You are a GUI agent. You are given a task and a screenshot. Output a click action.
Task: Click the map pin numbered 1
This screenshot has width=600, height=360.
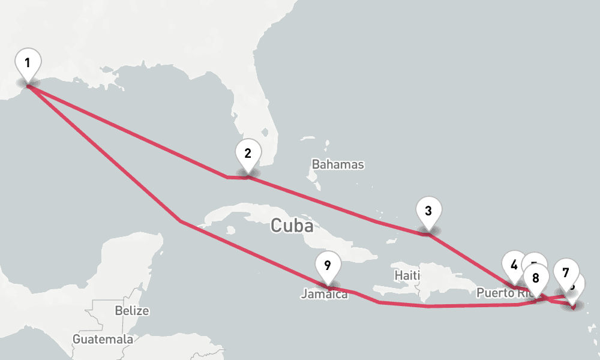(x=28, y=62)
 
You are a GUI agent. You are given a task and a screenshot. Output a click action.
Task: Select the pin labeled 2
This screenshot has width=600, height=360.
(x=247, y=153)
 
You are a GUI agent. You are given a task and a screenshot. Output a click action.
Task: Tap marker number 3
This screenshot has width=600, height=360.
(x=428, y=211)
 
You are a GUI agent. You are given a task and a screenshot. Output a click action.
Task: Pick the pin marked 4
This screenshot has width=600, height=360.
(x=513, y=264)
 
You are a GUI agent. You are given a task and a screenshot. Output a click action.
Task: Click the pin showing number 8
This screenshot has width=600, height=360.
(x=536, y=277)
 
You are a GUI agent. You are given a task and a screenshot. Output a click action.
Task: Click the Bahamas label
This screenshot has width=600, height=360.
(x=338, y=164)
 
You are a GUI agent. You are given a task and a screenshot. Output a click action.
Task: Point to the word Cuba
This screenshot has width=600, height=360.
(x=292, y=226)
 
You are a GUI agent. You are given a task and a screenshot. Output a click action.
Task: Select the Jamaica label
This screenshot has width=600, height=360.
(x=325, y=295)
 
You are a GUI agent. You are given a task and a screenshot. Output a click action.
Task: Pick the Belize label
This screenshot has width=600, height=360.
(x=131, y=311)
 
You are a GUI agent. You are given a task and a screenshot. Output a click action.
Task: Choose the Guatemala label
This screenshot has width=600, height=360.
(x=103, y=339)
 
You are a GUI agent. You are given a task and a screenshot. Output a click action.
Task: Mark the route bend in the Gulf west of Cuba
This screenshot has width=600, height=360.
(x=181, y=221)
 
